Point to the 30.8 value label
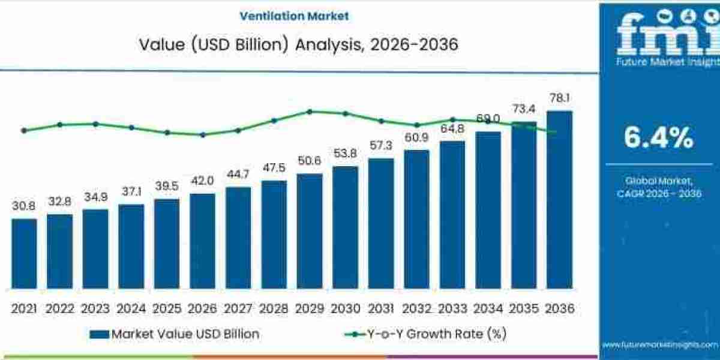click(x=24, y=206)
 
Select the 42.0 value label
click(x=202, y=181)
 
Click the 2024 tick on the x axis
click(x=131, y=308)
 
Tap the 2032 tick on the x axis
click(x=416, y=308)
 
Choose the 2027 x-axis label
click(x=238, y=308)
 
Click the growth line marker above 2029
click(x=310, y=111)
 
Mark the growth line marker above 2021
click(x=24, y=130)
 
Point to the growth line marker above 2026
click(x=202, y=134)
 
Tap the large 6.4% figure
click(x=658, y=138)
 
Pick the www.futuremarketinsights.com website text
click(x=659, y=344)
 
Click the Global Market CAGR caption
click(x=659, y=187)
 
